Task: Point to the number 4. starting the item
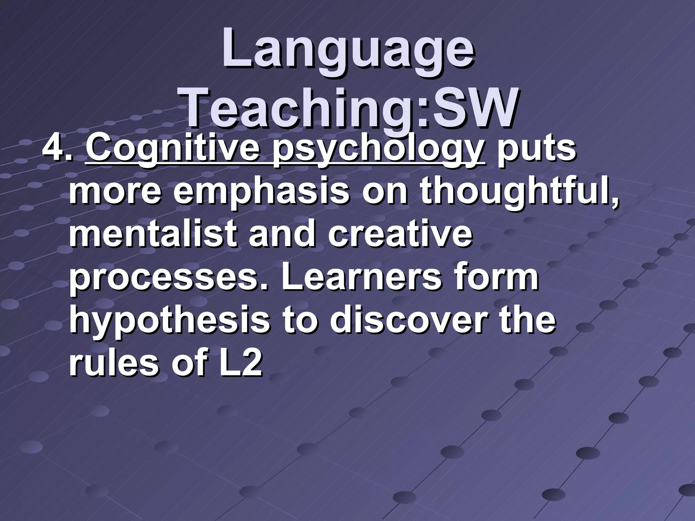click(57, 149)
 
